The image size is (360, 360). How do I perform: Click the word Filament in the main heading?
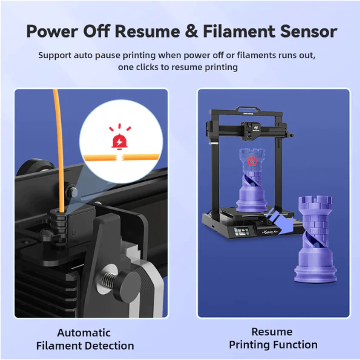239,31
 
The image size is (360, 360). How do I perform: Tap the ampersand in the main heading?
191,31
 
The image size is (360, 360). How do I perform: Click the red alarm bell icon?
119,142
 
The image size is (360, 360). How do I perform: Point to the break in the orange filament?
119,157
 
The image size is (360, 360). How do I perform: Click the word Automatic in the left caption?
84,333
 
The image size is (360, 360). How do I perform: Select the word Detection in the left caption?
110,345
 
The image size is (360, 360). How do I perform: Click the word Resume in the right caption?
272,332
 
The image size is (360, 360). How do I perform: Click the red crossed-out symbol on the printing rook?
252,161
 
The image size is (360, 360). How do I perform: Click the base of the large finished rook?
315,273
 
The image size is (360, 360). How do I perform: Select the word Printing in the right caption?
249,345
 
